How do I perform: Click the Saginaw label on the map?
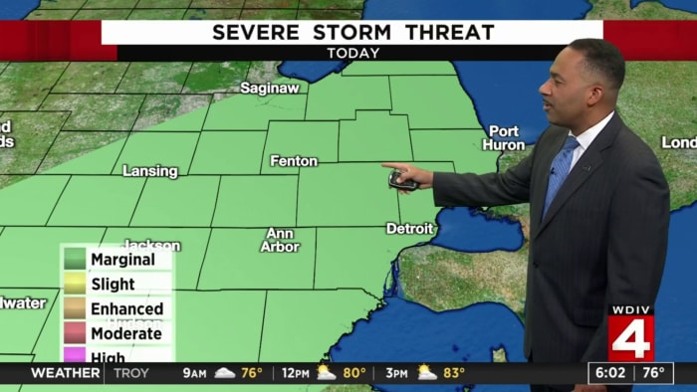click(269, 88)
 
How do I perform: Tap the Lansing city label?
click(149, 171)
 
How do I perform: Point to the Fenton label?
click(294, 161)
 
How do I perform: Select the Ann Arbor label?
click(280, 240)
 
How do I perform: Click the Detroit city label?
click(410, 229)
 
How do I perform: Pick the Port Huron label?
click(504, 137)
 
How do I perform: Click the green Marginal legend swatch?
click(75, 260)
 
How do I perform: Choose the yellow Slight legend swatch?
click(75, 285)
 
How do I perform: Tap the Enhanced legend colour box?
click(75, 309)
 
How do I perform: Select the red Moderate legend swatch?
click(75, 334)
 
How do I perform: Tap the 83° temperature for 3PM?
click(455, 374)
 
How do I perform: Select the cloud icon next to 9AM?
click(225, 374)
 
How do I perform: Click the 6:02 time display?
click(610, 374)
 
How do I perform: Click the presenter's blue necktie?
click(560, 174)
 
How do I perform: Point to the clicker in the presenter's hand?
click(401, 180)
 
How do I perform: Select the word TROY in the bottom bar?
click(131, 374)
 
